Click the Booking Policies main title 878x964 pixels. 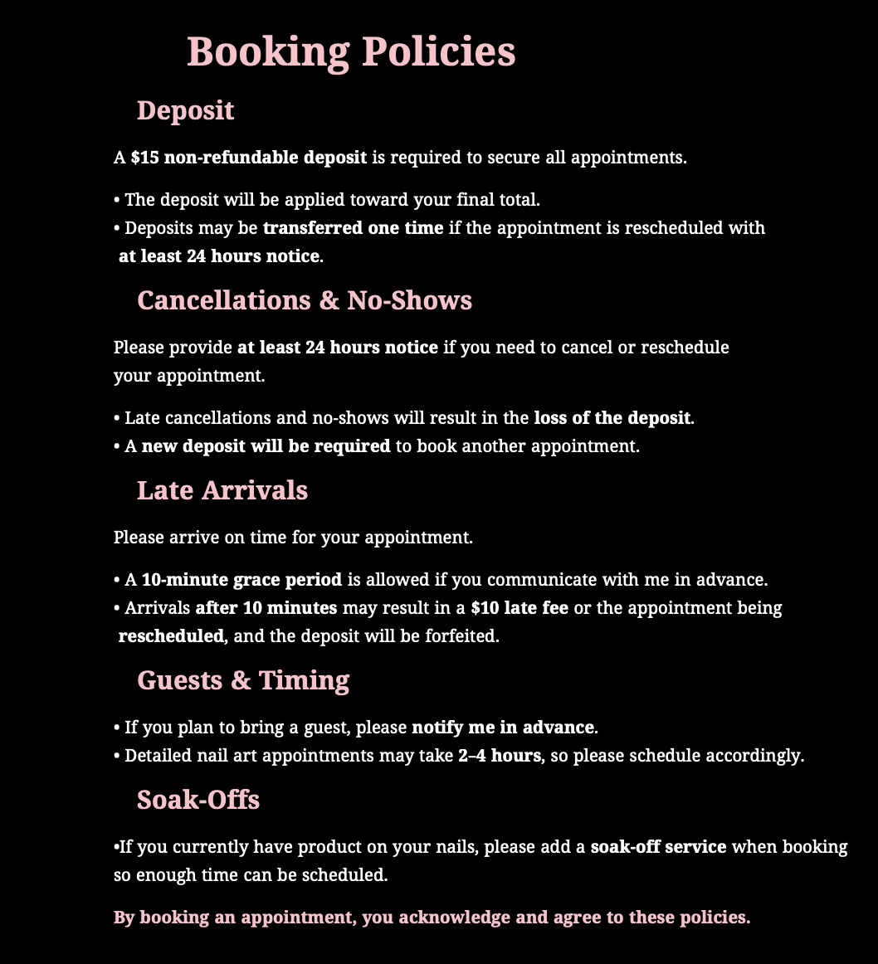pos(351,51)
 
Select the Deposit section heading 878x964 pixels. pos(185,110)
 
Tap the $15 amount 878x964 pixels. pos(145,158)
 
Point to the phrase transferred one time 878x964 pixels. pos(353,228)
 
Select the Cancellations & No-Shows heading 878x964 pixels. pos(304,300)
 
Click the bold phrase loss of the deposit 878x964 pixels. pos(612,418)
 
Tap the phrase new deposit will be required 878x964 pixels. pos(266,446)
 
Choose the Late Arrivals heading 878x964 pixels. pos(222,490)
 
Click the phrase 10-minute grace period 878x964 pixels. pos(241,580)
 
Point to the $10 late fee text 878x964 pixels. pos(519,608)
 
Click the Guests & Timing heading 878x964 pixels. pos(242,680)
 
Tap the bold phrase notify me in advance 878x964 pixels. pos(503,728)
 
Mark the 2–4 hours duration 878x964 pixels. pos(499,756)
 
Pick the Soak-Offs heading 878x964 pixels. pos(198,800)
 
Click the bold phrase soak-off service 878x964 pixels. pos(658,847)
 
